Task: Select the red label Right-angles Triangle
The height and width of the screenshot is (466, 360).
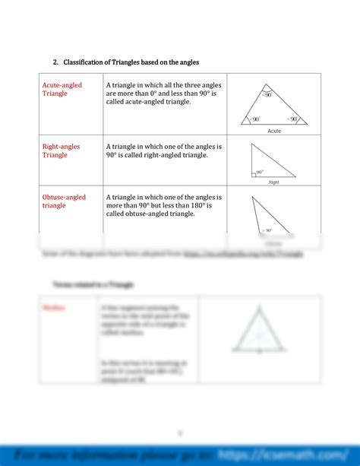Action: (x=62, y=150)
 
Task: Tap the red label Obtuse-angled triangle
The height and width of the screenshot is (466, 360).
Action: (x=64, y=201)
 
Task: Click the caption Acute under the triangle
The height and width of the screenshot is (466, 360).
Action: (x=274, y=131)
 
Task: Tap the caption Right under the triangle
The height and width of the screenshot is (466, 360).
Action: (x=274, y=182)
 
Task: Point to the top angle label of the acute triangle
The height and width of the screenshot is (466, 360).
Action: (x=267, y=95)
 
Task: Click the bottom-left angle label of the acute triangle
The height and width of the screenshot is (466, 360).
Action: (x=255, y=119)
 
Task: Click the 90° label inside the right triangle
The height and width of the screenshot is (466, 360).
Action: (x=260, y=172)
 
